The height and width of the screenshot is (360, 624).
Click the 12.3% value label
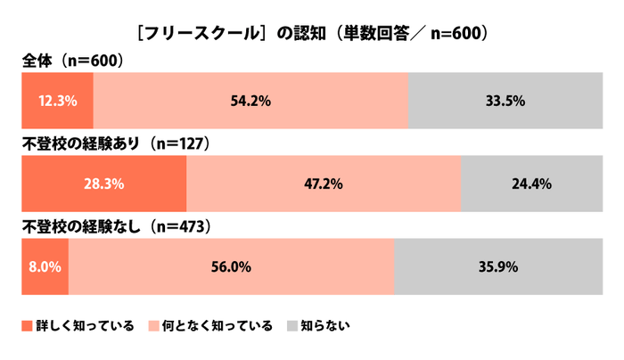pos(57,101)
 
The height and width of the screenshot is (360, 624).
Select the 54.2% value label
pos(250,101)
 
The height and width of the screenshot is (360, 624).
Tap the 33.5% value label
pos(504,101)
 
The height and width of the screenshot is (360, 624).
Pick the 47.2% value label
pos(324,185)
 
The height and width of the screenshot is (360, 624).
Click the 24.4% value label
pos(531,185)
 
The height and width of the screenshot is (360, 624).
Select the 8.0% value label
pos(45,266)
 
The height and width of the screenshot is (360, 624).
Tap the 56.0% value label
pos(231,266)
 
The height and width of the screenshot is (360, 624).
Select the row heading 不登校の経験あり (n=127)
pos(115,143)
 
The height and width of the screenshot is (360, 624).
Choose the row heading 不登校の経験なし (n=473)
pos(115,226)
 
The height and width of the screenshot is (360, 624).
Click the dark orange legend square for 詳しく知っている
pos(27,326)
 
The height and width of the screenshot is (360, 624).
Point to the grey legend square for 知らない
pos(291,326)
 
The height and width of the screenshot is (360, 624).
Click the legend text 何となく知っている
pos(218,326)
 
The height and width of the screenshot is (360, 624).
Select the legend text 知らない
pos(325,326)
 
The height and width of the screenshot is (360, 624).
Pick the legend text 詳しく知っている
pos(85,326)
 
